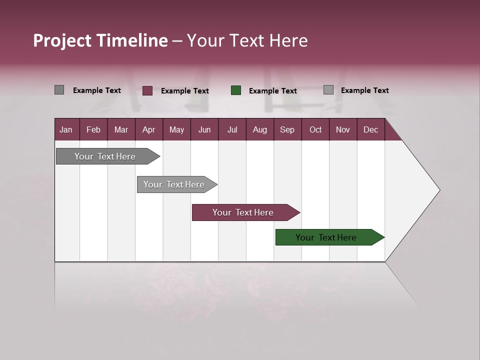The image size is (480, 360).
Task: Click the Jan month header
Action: pos(66,129)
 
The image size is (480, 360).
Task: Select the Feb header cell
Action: pos(93,129)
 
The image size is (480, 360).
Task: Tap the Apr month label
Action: pos(148,129)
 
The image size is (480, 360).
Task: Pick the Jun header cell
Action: pos(204,129)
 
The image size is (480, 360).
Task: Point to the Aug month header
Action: pos(259,129)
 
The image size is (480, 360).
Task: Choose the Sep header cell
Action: pos(287,129)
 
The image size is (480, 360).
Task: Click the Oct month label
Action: pos(315,129)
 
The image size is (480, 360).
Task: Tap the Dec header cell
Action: pos(370,129)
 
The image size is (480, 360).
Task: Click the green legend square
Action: pos(236,90)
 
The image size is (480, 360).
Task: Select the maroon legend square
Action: pos(147,90)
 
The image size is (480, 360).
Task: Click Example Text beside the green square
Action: pos(273,91)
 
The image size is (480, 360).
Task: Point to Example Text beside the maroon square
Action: pos(185,91)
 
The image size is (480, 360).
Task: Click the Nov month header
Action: pos(343,129)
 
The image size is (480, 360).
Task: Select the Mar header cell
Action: pos(121,129)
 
